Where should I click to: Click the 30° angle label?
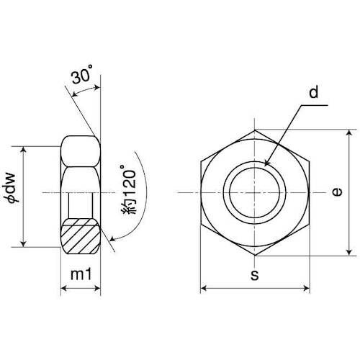82,75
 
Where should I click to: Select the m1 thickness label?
81,274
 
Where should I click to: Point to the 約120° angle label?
128,189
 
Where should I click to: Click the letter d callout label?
313,92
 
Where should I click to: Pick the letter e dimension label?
337,192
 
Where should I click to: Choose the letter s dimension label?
255,275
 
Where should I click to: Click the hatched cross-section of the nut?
80,236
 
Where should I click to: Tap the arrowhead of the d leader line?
266,163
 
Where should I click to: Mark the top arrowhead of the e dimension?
349,132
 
